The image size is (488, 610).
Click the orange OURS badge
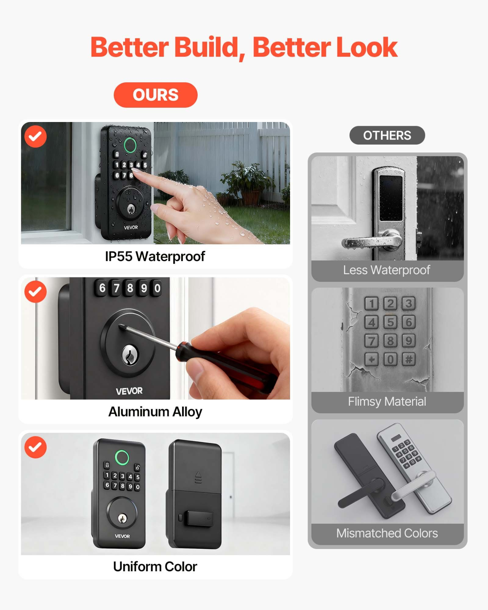[155, 95]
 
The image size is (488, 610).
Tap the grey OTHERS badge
[387, 135]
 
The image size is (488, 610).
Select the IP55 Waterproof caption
[155, 256]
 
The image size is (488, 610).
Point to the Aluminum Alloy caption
[155, 412]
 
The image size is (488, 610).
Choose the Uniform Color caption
[155, 567]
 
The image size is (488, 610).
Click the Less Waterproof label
[387, 270]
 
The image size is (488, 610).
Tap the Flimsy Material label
[387, 402]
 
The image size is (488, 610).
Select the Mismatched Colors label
[387, 533]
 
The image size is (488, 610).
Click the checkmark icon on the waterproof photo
[36, 137]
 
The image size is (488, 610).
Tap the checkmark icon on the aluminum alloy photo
[36, 292]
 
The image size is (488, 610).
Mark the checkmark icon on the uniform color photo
[36, 447]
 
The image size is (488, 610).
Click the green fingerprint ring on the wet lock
[130, 145]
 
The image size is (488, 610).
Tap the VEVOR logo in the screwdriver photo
[129, 391]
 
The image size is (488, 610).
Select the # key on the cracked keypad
[409, 359]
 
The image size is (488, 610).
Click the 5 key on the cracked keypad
[390, 322]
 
